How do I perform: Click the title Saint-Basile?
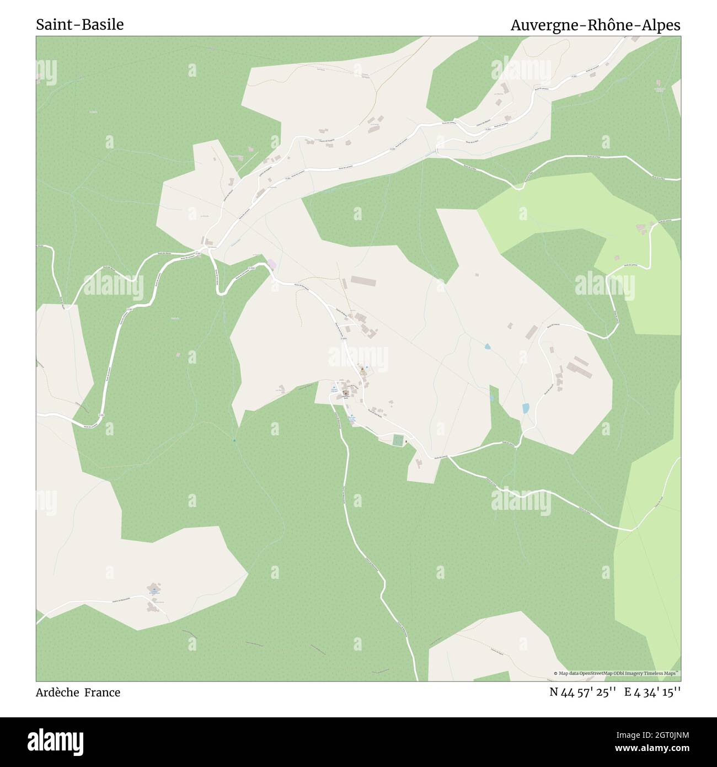click(80, 25)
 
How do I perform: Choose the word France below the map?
click(102, 693)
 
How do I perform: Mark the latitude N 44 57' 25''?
click(582, 692)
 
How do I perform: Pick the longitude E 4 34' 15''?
click(652, 692)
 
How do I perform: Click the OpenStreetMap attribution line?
click(617, 673)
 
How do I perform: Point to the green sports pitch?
click(398, 440)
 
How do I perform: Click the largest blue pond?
click(526, 408)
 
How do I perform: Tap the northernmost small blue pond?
click(487, 347)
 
